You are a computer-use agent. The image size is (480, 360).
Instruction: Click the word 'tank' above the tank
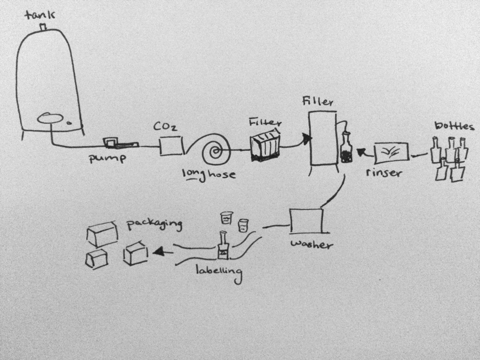pyautogui.click(x=39, y=15)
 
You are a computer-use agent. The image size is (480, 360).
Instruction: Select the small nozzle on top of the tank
pyautogui.click(x=43, y=27)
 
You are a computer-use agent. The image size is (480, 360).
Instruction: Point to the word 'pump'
pyautogui.click(x=108, y=158)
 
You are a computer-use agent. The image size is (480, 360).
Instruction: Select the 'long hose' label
pyautogui.click(x=208, y=175)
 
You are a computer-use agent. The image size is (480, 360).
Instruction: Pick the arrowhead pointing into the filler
pyautogui.click(x=306, y=138)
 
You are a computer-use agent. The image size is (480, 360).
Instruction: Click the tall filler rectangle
pyautogui.click(x=322, y=138)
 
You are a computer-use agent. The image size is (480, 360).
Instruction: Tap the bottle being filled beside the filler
pyautogui.click(x=347, y=149)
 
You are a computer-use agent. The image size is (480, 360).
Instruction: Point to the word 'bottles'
pyautogui.click(x=454, y=126)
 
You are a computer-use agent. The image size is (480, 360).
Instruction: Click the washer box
pyautogui.click(x=307, y=221)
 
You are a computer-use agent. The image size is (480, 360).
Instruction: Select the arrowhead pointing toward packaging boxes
pyautogui.click(x=159, y=252)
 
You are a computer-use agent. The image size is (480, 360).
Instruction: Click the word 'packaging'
pyautogui.click(x=153, y=224)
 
